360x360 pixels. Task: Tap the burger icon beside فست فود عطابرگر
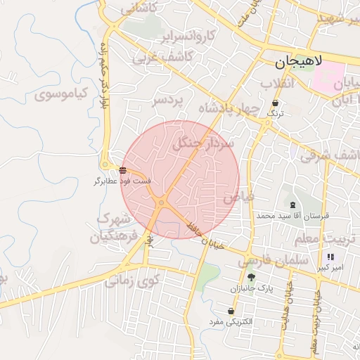[x=123, y=170]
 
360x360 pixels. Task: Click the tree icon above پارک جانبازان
[x=251, y=278]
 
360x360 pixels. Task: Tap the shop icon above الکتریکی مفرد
[x=231, y=311]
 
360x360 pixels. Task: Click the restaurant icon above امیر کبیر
[x=331, y=257]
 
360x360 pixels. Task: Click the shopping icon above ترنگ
[x=274, y=103]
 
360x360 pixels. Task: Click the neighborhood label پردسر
[x=168, y=101]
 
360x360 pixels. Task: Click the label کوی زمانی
[x=133, y=281]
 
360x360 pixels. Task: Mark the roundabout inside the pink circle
[x=162, y=202]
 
